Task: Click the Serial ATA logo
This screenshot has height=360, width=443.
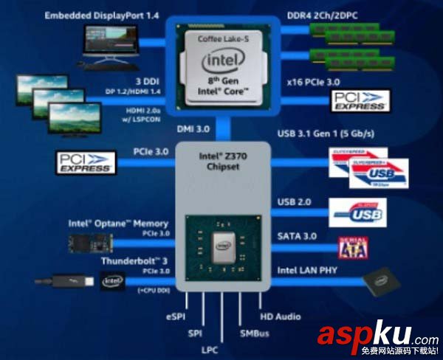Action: (352, 247)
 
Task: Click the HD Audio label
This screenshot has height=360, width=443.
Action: (281, 317)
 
